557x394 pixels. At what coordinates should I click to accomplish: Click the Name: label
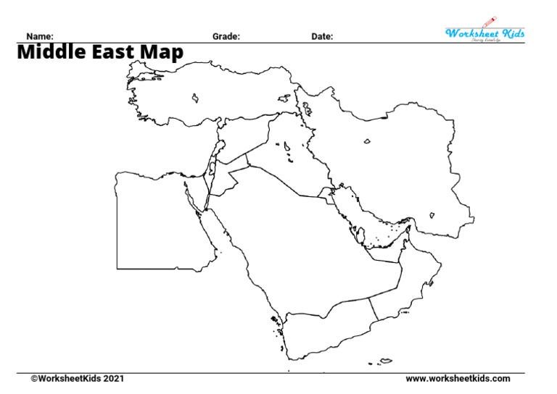(x=40, y=36)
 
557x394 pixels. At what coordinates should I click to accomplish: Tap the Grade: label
(x=226, y=36)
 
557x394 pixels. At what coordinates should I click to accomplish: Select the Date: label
(x=323, y=36)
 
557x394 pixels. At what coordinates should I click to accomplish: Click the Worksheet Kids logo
(x=484, y=33)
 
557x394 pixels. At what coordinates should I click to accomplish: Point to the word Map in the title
(x=164, y=53)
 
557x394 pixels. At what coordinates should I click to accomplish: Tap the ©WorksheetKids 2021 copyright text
(x=72, y=379)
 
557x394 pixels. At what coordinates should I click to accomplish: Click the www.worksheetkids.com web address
(x=458, y=379)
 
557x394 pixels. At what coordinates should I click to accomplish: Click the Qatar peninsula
(x=356, y=233)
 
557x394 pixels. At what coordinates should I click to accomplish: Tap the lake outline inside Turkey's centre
(x=195, y=96)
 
